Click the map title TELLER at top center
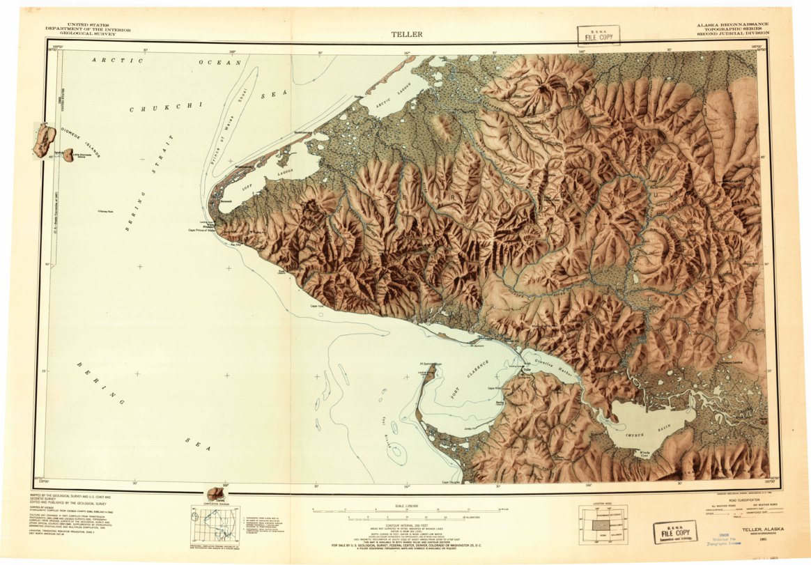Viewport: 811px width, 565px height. click(406, 33)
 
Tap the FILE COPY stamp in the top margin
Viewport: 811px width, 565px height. click(598, 36)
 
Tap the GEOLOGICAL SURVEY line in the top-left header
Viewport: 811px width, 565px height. click(75, 32)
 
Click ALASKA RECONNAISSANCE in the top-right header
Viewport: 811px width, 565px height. click(732, 24)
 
